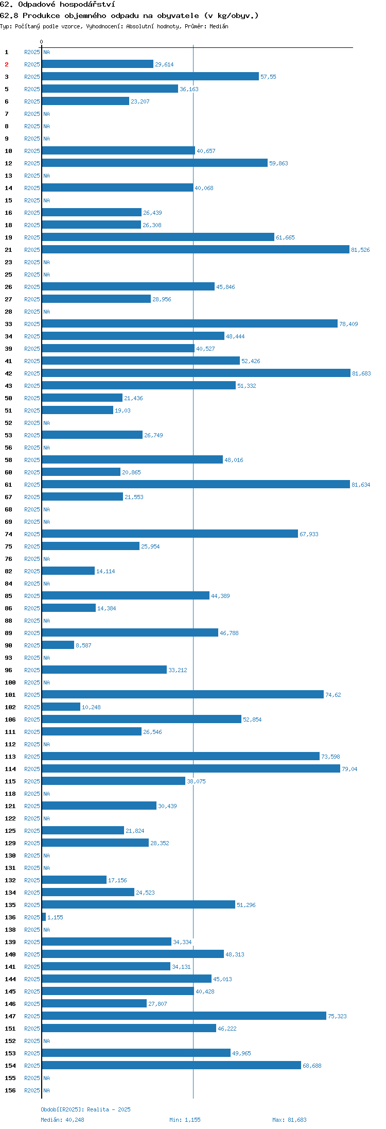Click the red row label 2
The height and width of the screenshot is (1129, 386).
7,64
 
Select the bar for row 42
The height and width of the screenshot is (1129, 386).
196,373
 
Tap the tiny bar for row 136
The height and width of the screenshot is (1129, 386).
44,917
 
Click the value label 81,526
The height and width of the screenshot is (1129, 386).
360,250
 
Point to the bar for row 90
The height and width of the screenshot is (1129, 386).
58,645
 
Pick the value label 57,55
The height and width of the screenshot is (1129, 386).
268,77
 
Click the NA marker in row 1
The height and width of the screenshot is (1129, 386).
46,52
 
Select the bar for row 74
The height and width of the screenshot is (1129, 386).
170,534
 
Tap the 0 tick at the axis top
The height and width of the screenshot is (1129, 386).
42,42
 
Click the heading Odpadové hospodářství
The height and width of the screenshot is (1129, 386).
66,5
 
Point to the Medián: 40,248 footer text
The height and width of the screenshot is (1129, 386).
62,1120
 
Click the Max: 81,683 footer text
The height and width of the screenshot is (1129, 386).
289,1120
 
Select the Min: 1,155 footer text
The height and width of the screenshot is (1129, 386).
185,1120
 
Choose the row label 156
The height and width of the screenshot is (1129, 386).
10,1090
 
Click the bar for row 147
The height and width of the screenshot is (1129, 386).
184,1016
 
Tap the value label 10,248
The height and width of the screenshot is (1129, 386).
91,707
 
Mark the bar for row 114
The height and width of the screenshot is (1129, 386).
191,768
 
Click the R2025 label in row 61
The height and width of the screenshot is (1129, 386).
32,485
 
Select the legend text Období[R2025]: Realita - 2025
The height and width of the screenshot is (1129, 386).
85,1109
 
